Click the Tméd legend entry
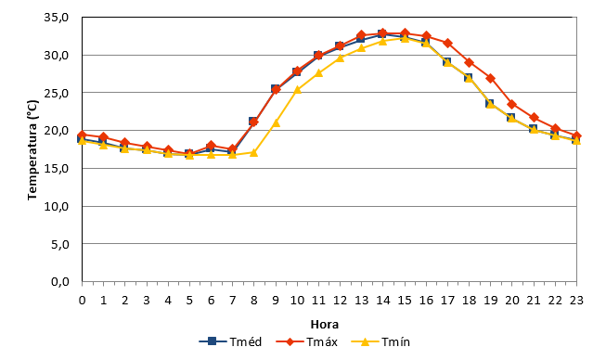click(x=230, y=341)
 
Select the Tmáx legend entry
click(x=307, y=341)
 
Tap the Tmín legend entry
click(x=380, y=341)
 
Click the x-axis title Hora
click(x=325, y=325)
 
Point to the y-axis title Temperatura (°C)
click(x=32, y=150)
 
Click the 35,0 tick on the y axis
click(x=57, y=18)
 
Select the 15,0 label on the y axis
click(x=57, y=169)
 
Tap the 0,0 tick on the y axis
click(x=60, y=281)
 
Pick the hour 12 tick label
click(x=340, y=300)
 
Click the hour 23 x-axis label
click(x=576, y=300)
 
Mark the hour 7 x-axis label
click(x=232, y=300)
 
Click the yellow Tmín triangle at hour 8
click(x=254, y=152)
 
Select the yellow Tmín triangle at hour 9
click(x=276, y=123)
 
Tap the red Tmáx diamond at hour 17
click(x=447, y=43)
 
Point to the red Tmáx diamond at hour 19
click(x=490, y=79)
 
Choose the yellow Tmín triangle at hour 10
click(x=297, y=90)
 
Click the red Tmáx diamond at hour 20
click(x=512, y=104)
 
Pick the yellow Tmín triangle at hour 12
click(x=340, y=58)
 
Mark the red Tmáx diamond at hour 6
click(x=211, y=146)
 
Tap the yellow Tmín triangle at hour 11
click(x=318, y=73)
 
